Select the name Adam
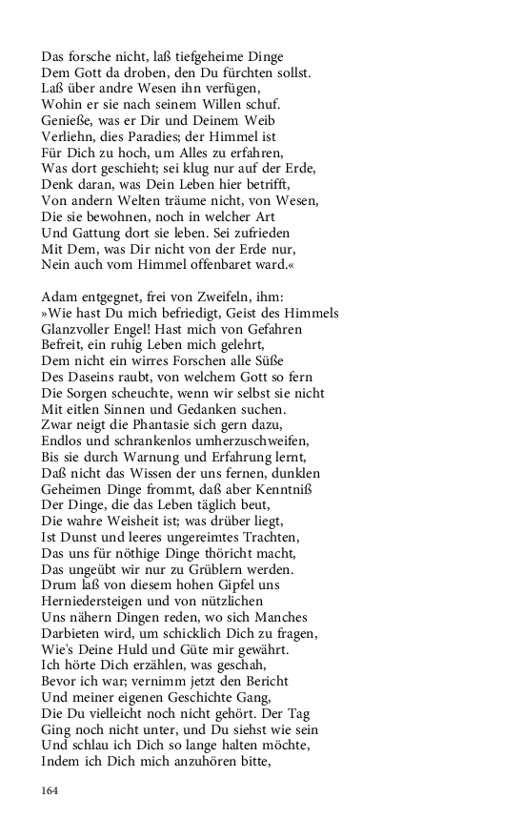62,297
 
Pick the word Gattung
104,232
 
